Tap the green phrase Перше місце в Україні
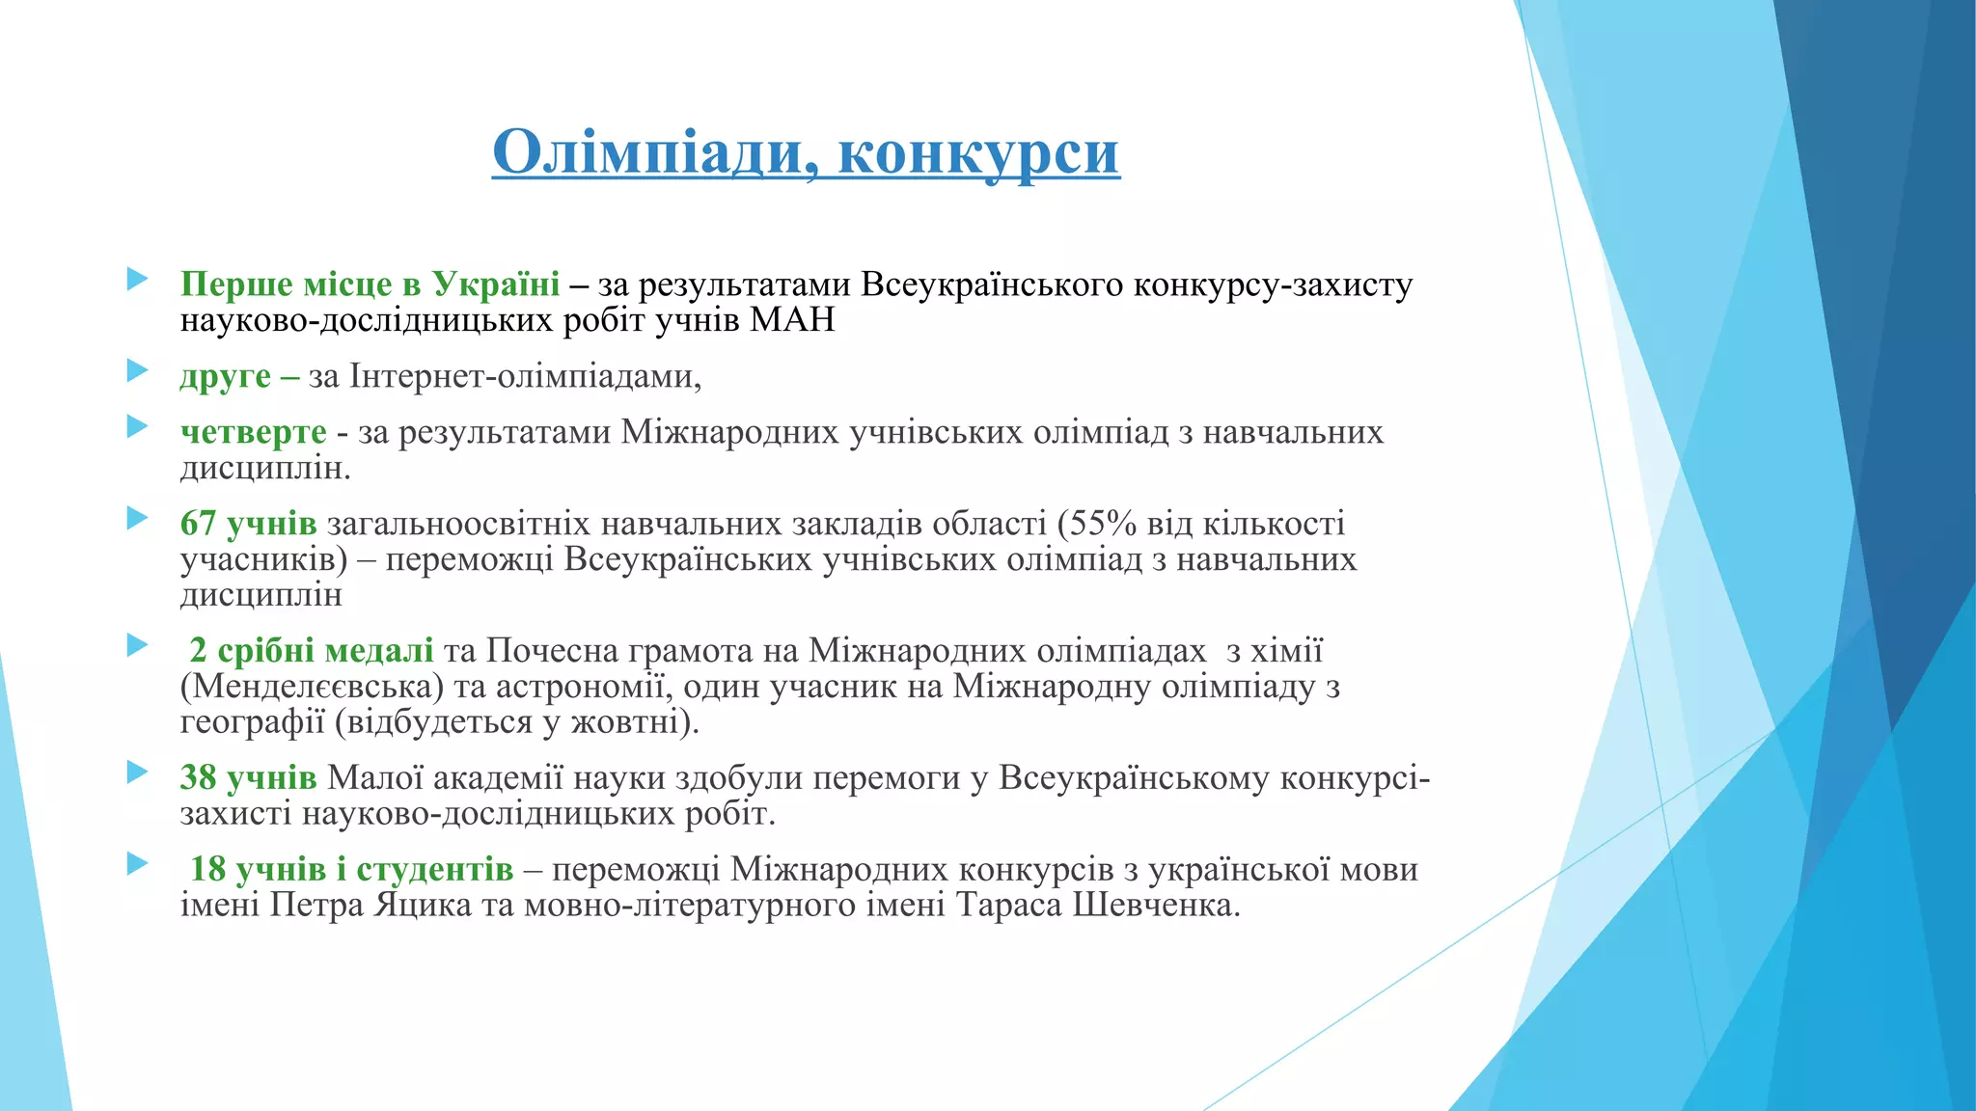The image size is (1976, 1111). (370, 284)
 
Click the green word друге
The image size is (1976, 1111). (225, 375)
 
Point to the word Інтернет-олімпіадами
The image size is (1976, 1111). (524, 375)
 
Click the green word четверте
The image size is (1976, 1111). (254, 431)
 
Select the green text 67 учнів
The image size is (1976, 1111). (248, 523)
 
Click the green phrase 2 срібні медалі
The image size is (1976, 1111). (311, 650)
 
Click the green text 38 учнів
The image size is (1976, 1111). (248, 777)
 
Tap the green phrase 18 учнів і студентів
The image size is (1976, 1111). (351, 869)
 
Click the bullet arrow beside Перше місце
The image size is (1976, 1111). (137, 280)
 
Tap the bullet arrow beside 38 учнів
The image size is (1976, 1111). (137, 772)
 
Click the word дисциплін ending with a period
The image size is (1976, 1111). (264, 468)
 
